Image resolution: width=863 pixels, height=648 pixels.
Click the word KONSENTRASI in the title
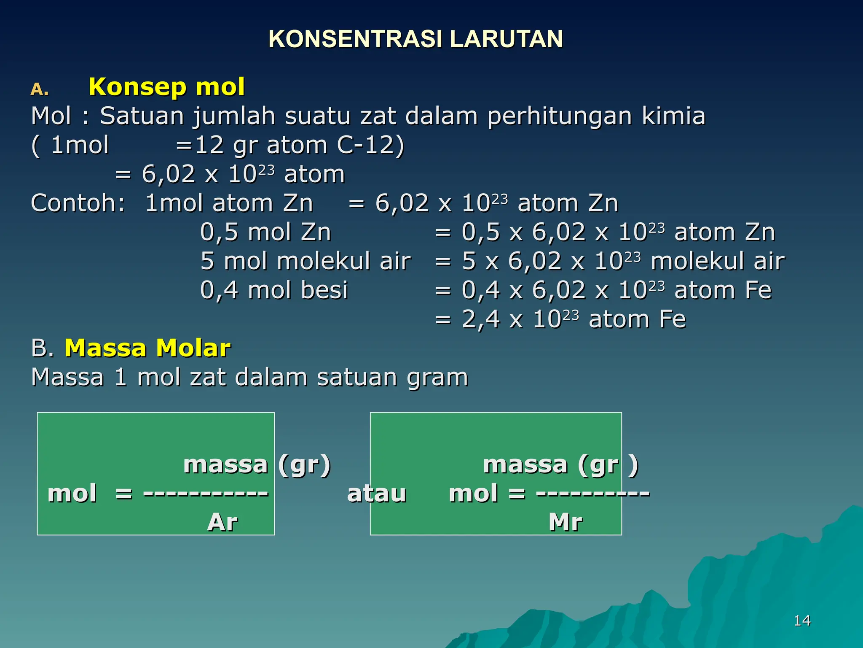pos(355,39)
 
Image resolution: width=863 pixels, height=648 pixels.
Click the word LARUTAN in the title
pos(506,39)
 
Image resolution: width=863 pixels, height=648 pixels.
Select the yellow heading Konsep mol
pos(166,87)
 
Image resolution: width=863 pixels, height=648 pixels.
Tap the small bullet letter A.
pos(40,89)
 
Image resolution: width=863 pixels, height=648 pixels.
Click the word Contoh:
pos(78,203)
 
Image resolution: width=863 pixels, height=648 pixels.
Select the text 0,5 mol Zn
pos(265,232)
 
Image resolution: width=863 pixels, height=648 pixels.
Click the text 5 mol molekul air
pos(306,261)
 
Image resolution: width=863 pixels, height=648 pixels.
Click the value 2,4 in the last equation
pos(480,319)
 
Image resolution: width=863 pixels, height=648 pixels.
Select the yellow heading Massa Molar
pos(147,348)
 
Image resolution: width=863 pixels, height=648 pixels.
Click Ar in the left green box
pos(222,522)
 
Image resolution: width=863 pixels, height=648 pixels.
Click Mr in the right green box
pos(566,522)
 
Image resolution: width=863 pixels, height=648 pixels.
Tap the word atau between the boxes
pos(376,494)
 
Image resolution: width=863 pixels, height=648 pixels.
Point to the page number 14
pos(802,621)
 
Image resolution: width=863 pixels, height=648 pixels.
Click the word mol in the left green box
pos(72,494)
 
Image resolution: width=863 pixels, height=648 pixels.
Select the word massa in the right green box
pos(525,465)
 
